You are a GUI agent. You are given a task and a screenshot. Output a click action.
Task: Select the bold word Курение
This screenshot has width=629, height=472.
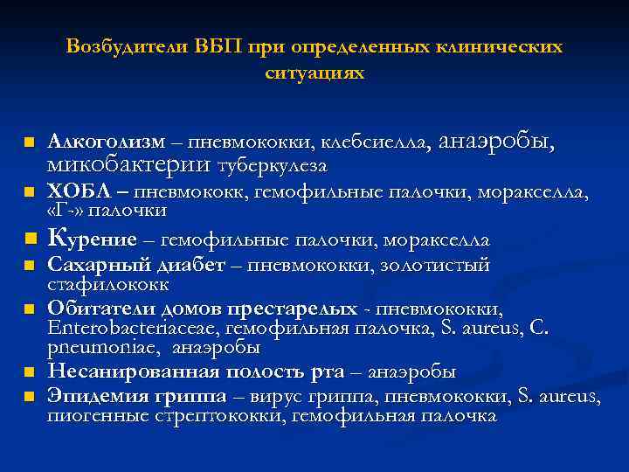(93, 239)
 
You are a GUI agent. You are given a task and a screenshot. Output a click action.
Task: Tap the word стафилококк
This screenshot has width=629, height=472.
(108, 285)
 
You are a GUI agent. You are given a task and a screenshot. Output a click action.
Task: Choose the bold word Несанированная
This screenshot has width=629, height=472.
(125, 372)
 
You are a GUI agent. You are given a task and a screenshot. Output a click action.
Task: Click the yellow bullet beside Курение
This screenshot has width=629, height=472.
(29, 239)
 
